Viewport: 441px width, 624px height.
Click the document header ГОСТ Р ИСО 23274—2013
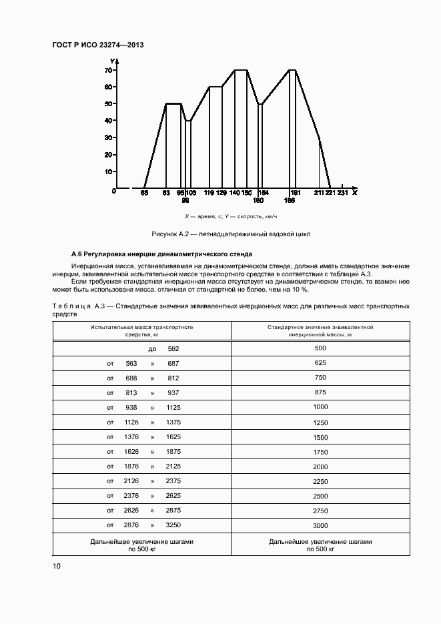(97, 45)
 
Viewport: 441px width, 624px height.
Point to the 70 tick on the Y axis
(107, 70)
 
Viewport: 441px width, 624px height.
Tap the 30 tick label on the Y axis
(107, 137)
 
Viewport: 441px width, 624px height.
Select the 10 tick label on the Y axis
(107, 172)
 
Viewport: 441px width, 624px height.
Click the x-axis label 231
(342, 193)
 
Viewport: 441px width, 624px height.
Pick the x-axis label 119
(209, 193)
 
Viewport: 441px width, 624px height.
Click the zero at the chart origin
(114, 191)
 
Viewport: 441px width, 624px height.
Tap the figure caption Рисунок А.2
(231, 234)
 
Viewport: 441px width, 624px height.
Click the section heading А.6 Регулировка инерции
(161, 255)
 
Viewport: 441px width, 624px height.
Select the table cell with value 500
(320, 348)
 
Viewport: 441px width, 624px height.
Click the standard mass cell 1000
(320, 406)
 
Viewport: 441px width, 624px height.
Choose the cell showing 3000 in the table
(320, 525)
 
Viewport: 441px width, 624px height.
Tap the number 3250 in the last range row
(173, 525)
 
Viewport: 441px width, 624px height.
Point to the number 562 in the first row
(173, 348)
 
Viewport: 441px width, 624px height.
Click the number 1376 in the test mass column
(131, 436)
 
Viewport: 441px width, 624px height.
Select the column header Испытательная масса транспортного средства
(142, 331)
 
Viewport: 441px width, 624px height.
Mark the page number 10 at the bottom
(56, 566)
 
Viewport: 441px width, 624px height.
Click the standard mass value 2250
(320, 481)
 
